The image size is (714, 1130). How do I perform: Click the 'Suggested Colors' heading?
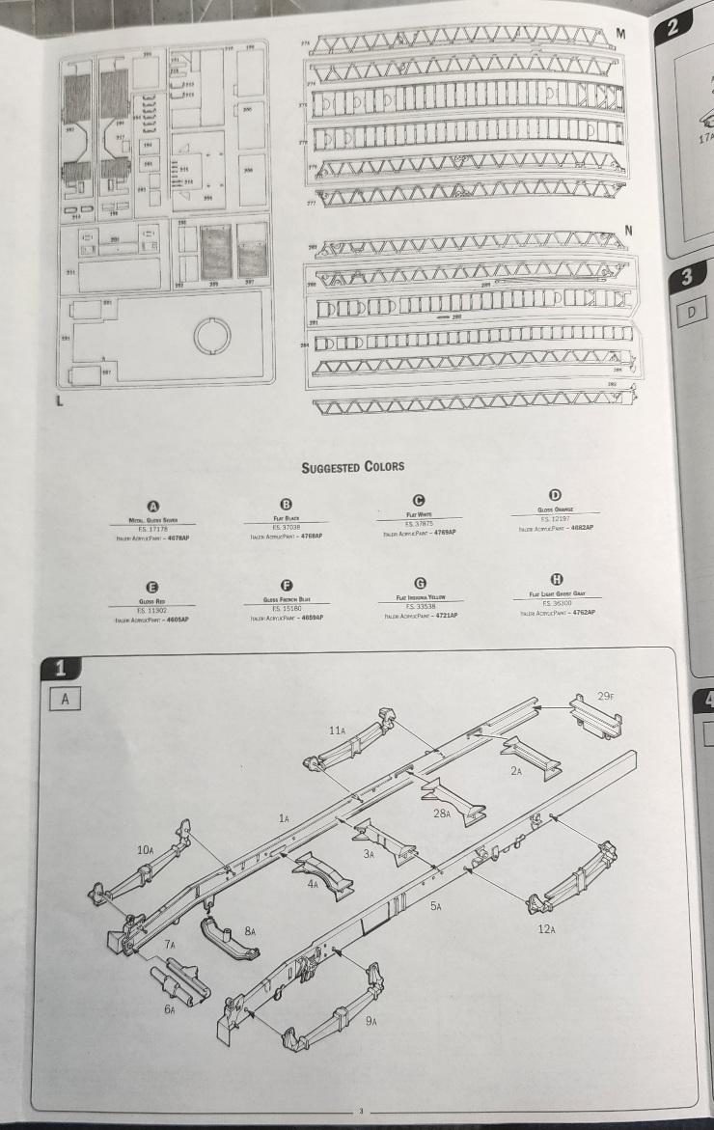(x=352, y=467)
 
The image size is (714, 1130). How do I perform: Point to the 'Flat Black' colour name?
(x=285, y=519)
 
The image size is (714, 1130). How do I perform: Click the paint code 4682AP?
(x=581, y=527)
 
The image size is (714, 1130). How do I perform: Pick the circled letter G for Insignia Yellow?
(x=420, y=584)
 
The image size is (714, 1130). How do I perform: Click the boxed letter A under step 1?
(x=65, y=699)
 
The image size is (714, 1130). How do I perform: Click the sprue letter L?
(x=61, y=401)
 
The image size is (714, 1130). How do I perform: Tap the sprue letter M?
(x=620, y=34)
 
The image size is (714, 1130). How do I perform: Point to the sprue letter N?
(x=629, y=231)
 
